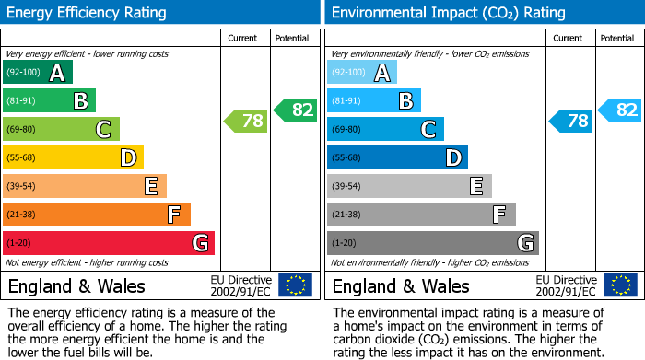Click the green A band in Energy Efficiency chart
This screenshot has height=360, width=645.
click(37, 73)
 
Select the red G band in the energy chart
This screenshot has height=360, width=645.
click(108, 243)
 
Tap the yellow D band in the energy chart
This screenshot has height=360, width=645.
click(73, 158)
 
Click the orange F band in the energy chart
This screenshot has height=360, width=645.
click(96, 215)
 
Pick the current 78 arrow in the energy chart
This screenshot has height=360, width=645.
click(246, 121)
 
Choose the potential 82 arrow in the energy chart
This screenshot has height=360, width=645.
click(295, 110)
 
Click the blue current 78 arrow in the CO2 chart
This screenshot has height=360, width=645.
click(571, 121)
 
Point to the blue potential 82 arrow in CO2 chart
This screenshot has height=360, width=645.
click(619, 110)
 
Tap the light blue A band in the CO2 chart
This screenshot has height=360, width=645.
click(361, 73)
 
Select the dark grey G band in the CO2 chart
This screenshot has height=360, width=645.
click(432, 243)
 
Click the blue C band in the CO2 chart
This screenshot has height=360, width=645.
click(385, 130)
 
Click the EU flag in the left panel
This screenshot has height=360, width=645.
click(295, 285)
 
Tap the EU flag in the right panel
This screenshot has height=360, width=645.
click(620, 285)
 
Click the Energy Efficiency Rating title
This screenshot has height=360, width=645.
click(88, 13)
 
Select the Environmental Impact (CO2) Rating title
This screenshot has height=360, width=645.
click(448, 13)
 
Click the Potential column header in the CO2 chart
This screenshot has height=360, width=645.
click(617, 38)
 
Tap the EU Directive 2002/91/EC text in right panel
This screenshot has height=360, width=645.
click(567, 285)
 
